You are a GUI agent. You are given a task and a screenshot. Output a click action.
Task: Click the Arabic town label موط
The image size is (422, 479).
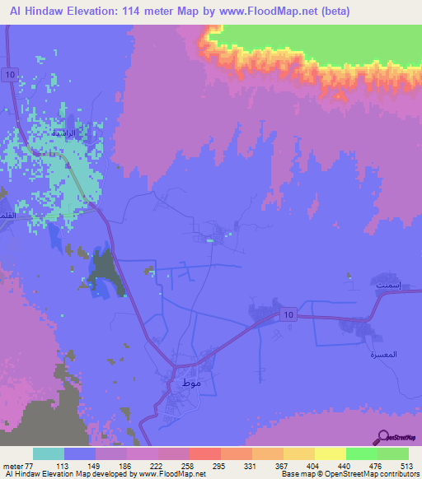181,384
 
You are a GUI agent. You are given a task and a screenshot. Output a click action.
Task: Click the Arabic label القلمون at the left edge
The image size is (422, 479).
11,216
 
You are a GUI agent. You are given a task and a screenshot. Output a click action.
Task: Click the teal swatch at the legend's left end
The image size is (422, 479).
49,454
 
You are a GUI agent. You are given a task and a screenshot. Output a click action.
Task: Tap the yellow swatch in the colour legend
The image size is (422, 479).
330,454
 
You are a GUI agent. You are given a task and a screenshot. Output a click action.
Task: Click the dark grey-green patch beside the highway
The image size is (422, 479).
105,272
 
